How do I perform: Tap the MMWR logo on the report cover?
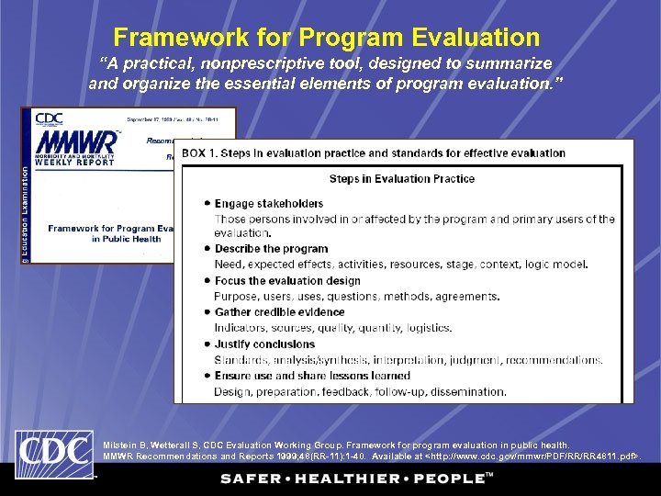point(77,141)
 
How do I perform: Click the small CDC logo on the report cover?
point(50,118)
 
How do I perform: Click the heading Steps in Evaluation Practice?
point(401,178)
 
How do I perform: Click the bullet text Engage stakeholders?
point(268,203)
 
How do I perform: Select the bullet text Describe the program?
point(271,249)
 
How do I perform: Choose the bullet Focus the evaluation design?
point(286,281)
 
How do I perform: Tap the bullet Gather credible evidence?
point(280,312)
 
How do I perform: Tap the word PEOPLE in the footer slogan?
point(449,479)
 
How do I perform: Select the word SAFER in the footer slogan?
point(252,479)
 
